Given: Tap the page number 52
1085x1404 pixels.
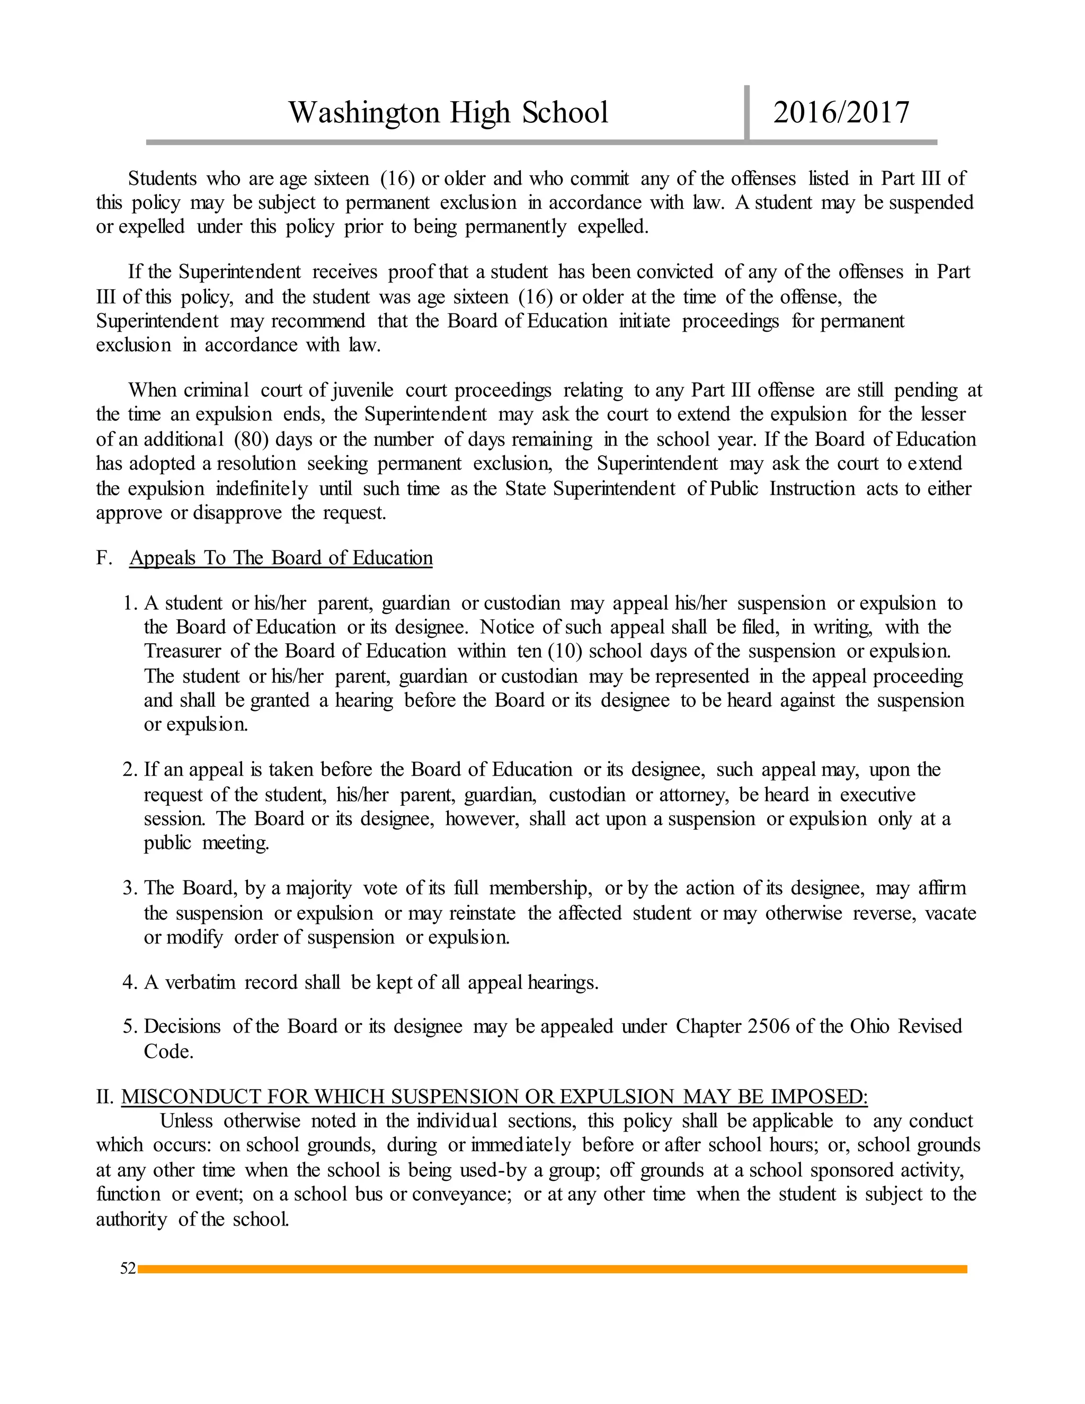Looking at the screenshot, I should tap(128, 1268).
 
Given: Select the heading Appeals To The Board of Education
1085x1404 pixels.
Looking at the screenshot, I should tap(281, 558).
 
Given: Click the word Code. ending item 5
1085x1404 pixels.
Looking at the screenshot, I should tap(168, 1052).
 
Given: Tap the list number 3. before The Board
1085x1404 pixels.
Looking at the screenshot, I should tap(130, 888).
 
